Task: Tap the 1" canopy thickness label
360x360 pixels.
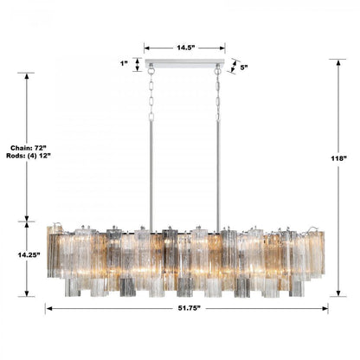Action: [125, 63]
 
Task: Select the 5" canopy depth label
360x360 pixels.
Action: [243, 67]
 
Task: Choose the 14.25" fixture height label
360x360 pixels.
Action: [26, 257]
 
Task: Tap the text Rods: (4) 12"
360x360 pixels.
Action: [27, 157]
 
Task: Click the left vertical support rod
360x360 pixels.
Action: [151, 173]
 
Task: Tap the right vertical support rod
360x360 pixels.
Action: [217, 173]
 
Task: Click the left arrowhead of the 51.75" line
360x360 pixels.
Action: [48, 307]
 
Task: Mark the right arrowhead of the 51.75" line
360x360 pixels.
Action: [325, 307]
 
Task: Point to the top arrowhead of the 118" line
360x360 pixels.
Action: [337, 61]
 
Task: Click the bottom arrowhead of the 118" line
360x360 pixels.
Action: [337, 294]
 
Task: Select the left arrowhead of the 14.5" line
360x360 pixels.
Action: [146, 48]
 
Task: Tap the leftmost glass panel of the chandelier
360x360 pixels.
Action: [53, 253]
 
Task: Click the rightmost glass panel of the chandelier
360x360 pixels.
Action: [320, 253]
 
